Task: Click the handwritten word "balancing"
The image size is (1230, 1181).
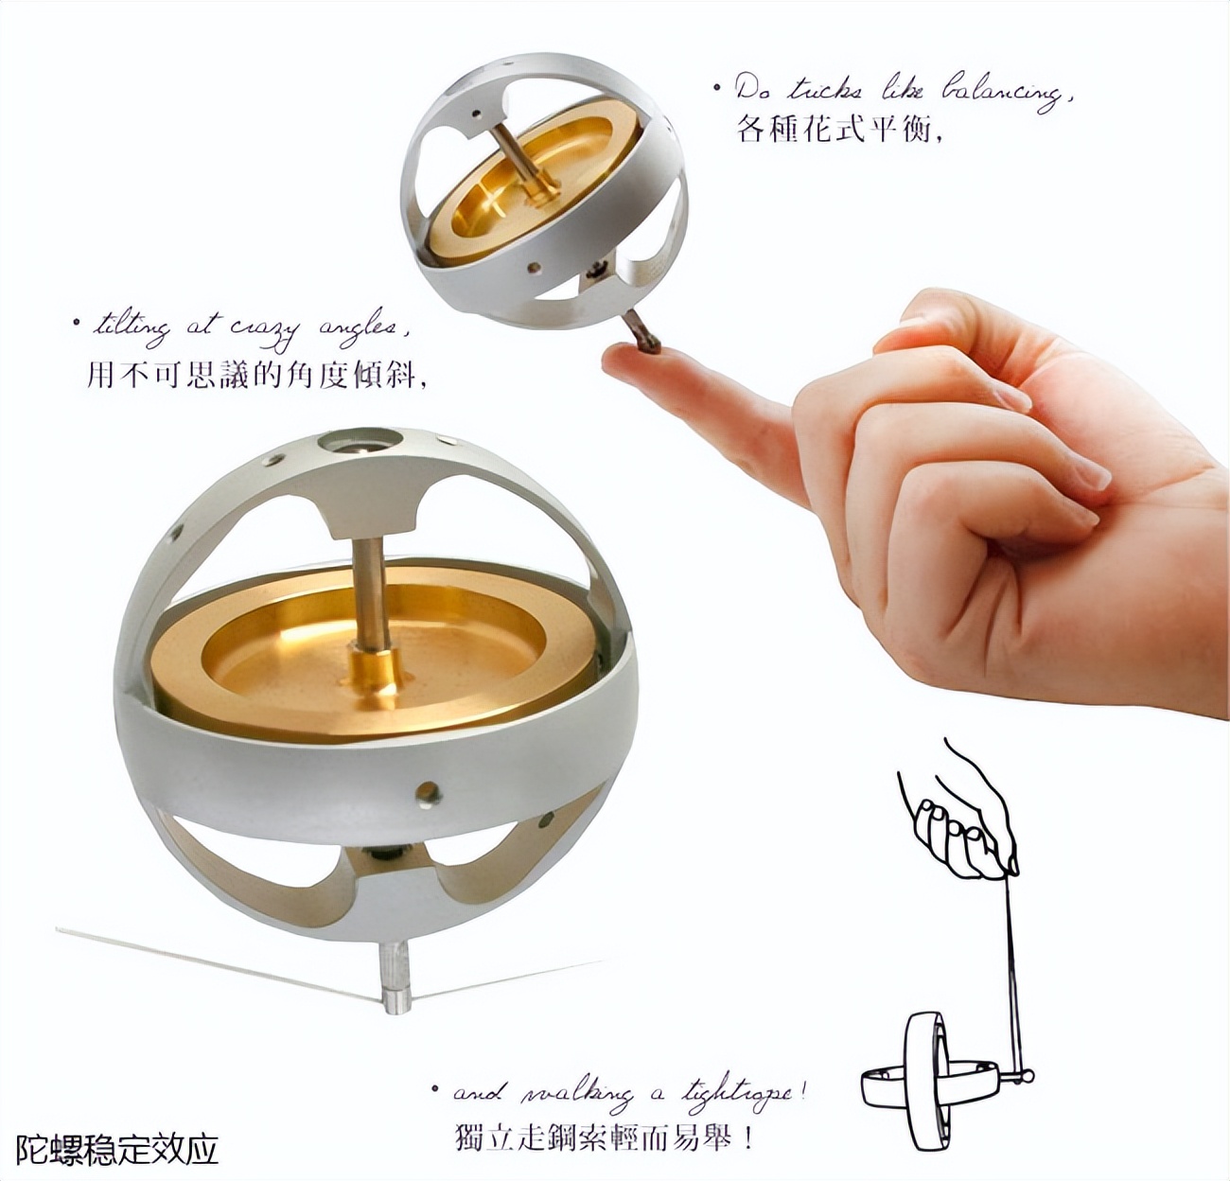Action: coord(1003,91)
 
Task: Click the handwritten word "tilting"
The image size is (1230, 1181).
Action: coord(132,326)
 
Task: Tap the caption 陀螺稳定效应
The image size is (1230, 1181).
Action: coord(117,1149)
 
